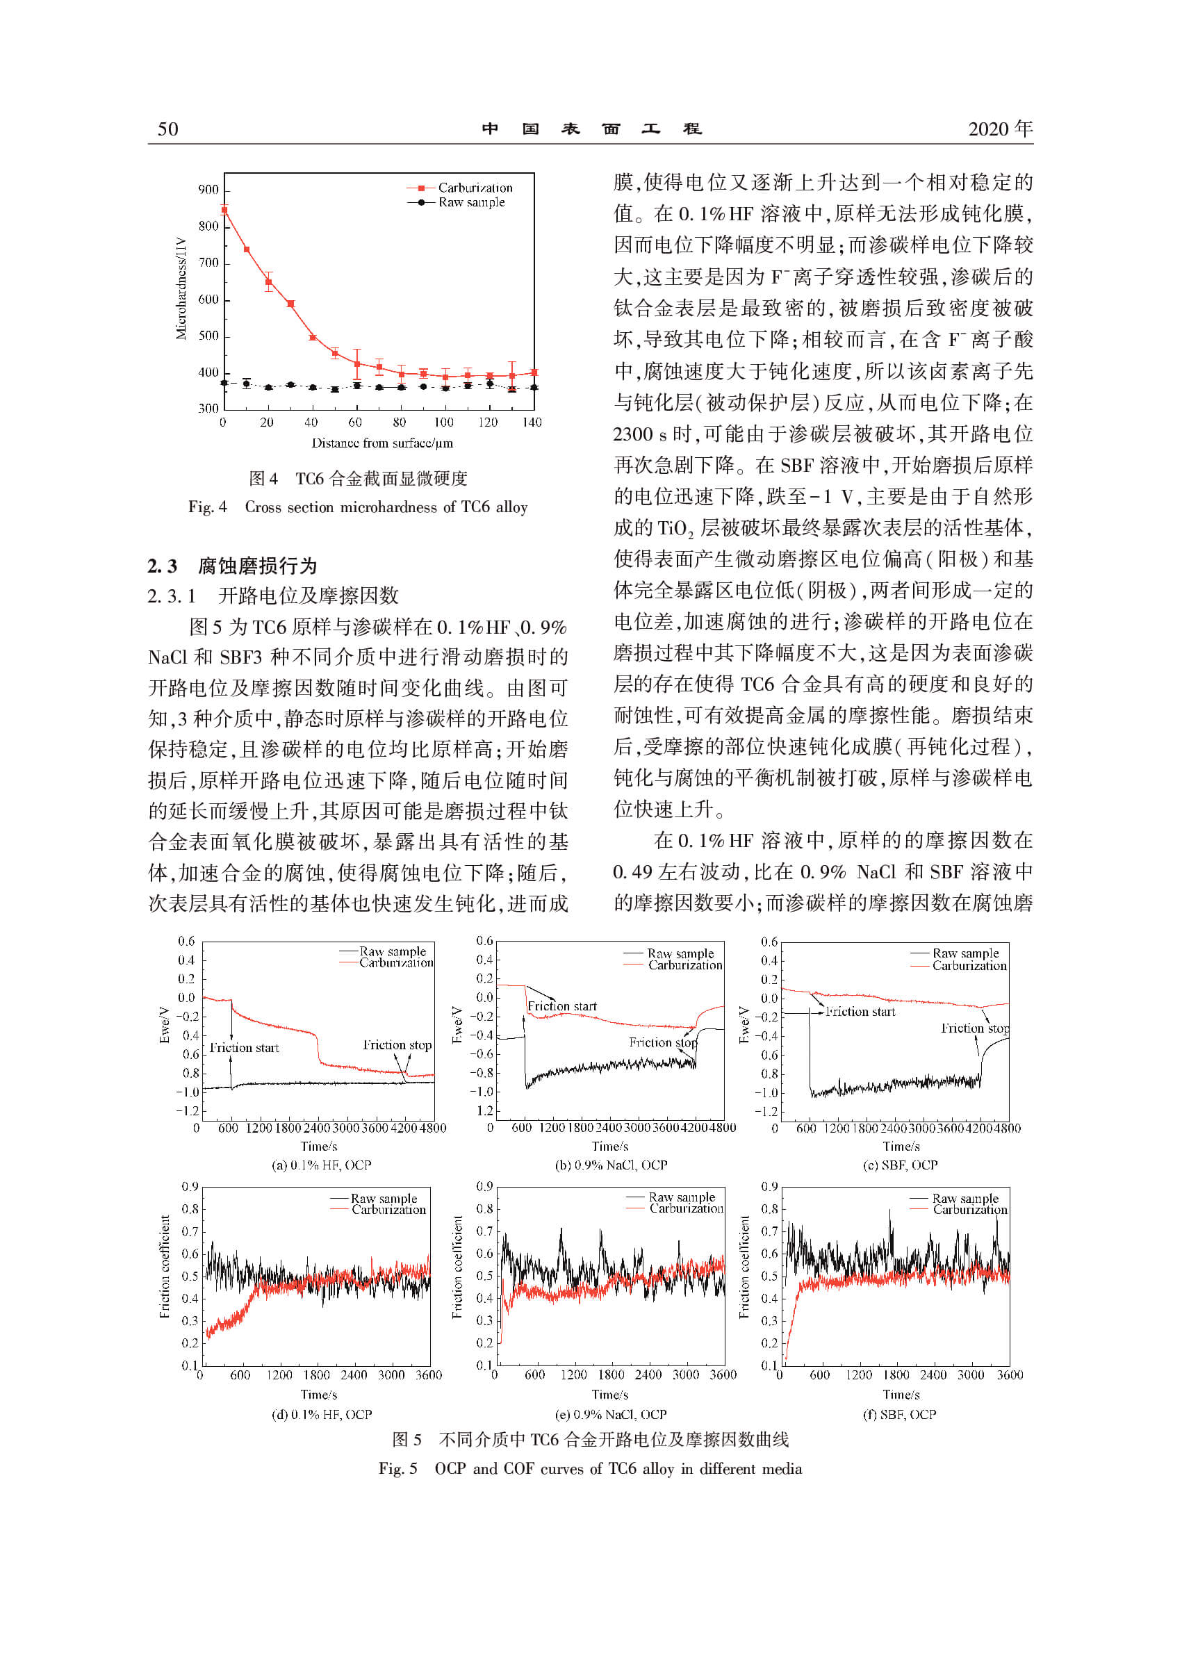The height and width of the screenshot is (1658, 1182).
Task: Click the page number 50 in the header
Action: (167, 129)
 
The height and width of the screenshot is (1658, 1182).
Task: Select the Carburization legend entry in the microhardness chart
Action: (475, 188)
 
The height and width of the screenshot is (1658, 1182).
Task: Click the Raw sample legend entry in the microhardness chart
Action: (471, 202)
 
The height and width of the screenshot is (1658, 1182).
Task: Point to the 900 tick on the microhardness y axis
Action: (208, 190)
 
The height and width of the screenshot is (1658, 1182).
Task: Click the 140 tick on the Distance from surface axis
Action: (532, 422)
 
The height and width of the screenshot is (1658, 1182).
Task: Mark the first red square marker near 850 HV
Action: (224, 211)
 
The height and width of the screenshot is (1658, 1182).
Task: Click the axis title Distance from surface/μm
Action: (381, 443)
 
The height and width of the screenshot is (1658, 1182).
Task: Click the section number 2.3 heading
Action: (163, 566)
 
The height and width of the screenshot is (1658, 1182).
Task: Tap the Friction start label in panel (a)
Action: (244, 1048)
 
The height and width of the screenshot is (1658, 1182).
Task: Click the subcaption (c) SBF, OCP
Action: (900, 1165)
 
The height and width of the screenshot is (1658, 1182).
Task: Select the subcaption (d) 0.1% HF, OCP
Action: (321, 1414)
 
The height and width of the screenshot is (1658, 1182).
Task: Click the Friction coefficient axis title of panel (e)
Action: (457, 1267)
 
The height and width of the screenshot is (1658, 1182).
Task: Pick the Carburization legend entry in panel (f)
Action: (969, 1210)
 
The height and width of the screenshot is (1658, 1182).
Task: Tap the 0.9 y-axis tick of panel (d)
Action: (190, 1187)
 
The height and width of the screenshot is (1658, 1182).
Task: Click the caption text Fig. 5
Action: (397, 1469)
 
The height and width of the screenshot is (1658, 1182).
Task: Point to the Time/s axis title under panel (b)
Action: (610, 1147)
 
